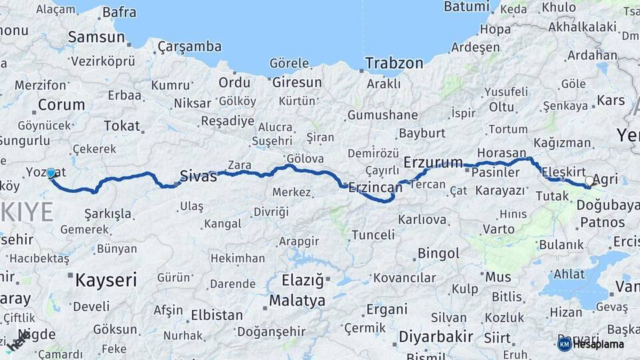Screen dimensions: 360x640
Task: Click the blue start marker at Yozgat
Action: [51, 173]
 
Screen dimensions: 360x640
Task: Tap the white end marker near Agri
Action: [589, 181]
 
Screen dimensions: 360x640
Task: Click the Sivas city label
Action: [199, 177]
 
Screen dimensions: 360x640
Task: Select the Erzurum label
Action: [433, 162]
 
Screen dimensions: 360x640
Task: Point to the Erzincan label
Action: [375, 188]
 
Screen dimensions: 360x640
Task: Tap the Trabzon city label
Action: [394, 63]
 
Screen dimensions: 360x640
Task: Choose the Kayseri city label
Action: [105, 279]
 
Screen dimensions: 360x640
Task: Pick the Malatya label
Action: [297, 301]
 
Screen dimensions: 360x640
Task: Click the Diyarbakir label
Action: [437, 337]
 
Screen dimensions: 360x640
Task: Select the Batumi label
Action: [466, 7]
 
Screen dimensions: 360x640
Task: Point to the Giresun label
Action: [297, 83]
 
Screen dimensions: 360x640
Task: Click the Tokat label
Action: [122, 125]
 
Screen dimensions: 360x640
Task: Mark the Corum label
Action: [61, 105]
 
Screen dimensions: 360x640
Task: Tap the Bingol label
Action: [438, 253]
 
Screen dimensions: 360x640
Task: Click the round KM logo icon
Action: [564, 344]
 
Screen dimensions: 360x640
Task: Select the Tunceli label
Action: [373, 235]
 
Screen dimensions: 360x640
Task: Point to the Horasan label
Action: [502, 153]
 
